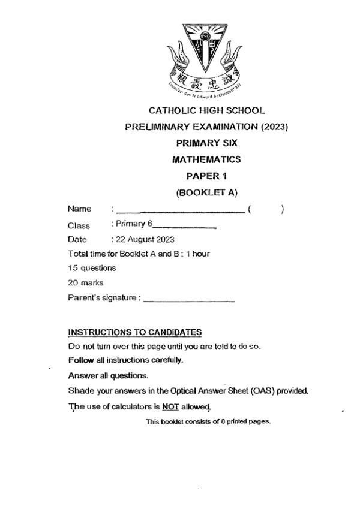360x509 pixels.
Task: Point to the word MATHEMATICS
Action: click(x=206, y=159)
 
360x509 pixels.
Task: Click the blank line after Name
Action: click(x=180, y=211)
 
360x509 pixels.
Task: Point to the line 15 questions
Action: click(x=92, y=268)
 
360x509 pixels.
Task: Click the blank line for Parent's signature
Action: click(x=189, y=300)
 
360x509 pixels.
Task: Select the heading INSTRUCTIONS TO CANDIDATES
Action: click(x=135, y=332)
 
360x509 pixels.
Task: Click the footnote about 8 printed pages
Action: click(x=208, y=421)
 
